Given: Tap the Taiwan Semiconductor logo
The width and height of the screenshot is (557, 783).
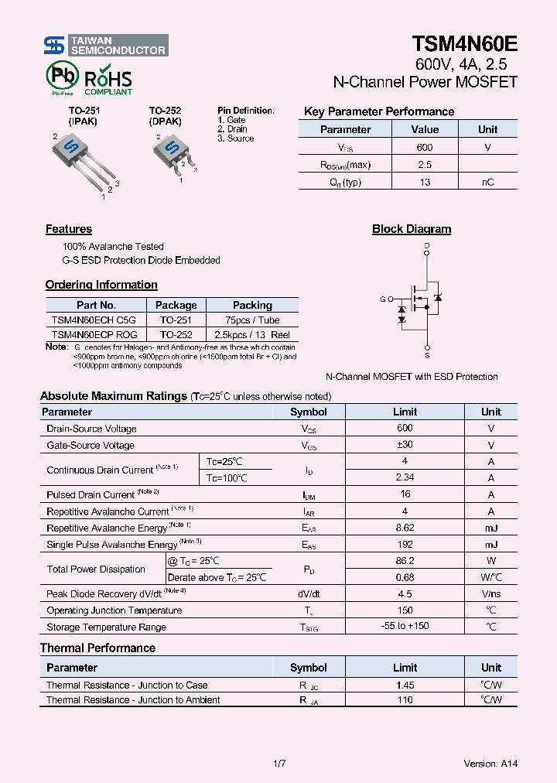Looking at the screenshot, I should coord(105,46).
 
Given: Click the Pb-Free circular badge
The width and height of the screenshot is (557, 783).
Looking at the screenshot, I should coord(62,78).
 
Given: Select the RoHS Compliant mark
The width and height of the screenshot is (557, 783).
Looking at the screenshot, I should coord(108,81).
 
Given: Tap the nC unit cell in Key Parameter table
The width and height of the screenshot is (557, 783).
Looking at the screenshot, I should coord(487,183).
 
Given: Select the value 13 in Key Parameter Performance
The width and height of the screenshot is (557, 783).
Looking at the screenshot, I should coord(425,183).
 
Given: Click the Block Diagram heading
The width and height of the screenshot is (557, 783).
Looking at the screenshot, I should coord(412,229).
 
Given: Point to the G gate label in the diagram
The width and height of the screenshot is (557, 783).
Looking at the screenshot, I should coord(382,299).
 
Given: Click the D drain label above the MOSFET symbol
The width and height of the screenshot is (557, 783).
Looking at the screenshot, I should coord(426,246).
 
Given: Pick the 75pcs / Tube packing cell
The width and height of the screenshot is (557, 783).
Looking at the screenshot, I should coord(252,320).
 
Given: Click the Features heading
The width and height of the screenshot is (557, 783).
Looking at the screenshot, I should coord(69,229).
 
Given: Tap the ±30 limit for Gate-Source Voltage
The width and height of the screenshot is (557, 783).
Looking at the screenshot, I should coord(405,445).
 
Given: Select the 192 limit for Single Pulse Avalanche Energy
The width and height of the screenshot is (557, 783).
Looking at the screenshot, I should coord(405,544).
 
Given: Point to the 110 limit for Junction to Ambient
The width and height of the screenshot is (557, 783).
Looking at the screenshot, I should coord(405,699).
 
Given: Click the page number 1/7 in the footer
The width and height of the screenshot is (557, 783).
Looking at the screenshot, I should coord(280,764).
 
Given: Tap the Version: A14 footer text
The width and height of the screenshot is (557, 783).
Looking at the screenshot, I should coord(490,764).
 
